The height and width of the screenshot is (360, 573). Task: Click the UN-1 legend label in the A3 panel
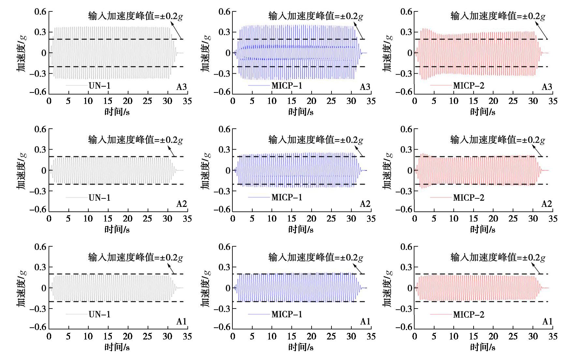(x=99, y=86)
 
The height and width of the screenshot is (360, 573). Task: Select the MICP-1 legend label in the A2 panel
(x=287, y=197)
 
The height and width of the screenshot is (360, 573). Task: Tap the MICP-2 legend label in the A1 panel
(x=469, y=314)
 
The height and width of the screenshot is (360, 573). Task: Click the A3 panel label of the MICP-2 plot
(x=547, y=87)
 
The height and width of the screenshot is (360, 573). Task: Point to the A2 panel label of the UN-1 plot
(x=182, y=204)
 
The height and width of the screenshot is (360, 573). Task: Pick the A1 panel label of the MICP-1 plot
(x=365, y=322)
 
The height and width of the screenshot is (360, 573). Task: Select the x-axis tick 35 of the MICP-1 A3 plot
(x=371, y=101)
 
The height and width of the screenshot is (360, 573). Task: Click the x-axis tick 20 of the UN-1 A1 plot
(x=128, y=336)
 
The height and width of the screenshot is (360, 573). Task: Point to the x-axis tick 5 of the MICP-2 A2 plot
(x=434, y=219)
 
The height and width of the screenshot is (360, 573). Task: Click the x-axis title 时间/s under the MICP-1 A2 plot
(x=301, y=230)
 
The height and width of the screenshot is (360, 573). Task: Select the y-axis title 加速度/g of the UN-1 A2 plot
(x=22, y=170)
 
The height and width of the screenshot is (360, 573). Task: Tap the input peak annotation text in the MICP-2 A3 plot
(x=497, y=16)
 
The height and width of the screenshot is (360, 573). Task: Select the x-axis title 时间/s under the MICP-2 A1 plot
(x=483, y=347)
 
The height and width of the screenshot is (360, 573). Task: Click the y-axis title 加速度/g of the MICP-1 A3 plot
(x=206, y=53)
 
